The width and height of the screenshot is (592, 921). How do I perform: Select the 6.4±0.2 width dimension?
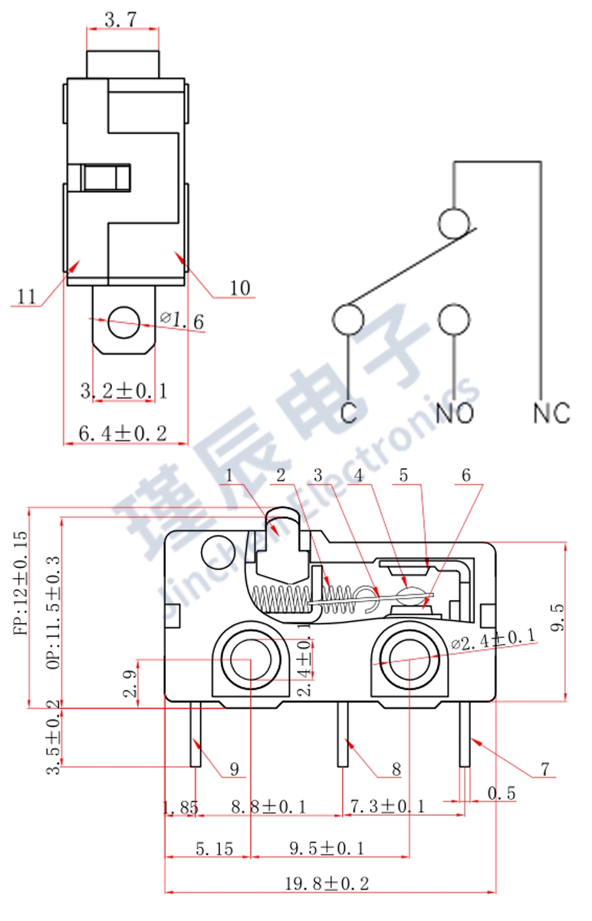point(123,433)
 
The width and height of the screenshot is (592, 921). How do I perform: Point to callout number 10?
point(240,288)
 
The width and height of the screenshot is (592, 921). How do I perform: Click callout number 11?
point(26,296)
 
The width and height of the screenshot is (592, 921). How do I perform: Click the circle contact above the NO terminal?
point(454,319)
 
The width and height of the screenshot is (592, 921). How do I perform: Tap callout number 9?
point(235,768)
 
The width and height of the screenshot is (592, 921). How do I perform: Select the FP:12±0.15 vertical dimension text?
point(19,584)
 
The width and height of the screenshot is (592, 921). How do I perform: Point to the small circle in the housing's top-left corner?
point(212,550)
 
